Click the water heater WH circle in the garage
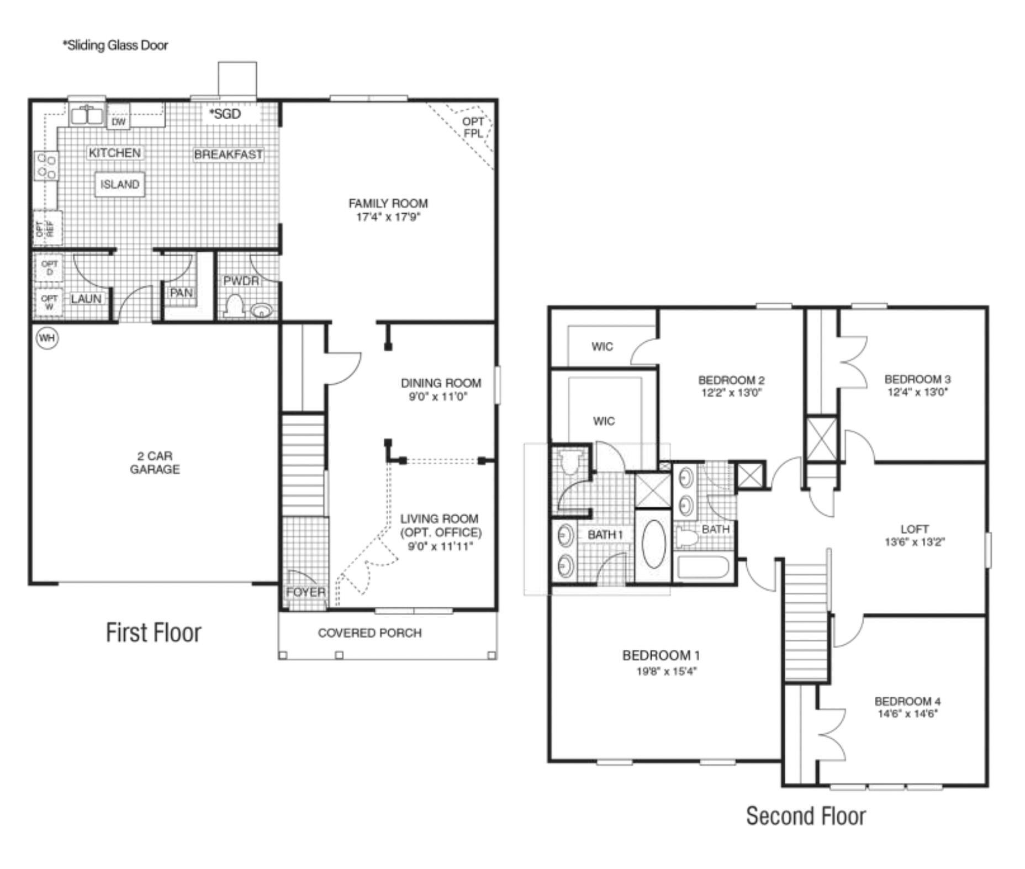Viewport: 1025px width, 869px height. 47,338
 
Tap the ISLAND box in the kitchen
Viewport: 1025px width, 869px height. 120,184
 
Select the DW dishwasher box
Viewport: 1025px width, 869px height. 119,121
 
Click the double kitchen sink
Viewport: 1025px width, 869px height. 87,115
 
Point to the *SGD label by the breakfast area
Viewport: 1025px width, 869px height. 225,114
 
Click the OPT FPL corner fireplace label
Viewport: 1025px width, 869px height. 473,128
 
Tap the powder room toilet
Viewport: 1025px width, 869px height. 235,307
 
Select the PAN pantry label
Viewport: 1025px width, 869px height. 181,293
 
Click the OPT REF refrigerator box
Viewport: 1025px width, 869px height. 47,228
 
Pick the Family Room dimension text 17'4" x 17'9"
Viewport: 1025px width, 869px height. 388,217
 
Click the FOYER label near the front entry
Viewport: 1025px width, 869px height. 305,592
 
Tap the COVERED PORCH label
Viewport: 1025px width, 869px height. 369,633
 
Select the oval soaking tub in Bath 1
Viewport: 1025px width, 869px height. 653,544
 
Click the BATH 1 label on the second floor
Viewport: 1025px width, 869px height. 605,534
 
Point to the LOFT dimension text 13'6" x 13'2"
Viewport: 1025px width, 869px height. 915,542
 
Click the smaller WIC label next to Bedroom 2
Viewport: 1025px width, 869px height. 602,347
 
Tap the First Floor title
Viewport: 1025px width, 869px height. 154,633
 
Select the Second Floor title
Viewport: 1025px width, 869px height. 806,816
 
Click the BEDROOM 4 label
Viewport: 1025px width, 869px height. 907,701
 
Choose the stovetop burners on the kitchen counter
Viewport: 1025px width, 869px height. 46,166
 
